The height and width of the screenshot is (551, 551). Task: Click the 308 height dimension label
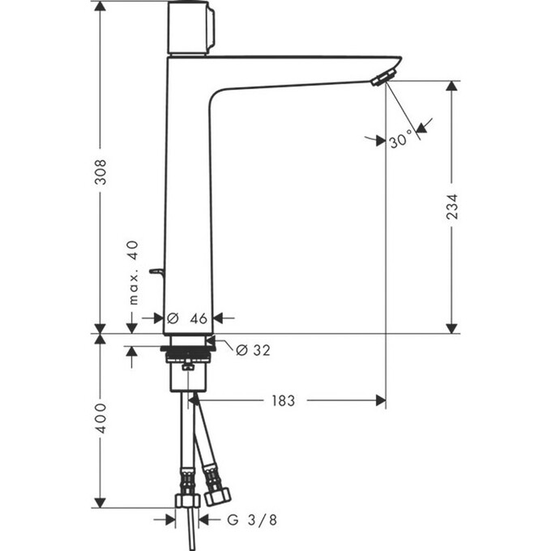click(100, 171)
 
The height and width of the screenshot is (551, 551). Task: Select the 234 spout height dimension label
click(451, 211)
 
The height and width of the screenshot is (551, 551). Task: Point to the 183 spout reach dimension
click(283, 400)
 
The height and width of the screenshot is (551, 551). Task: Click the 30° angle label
click(401, 141)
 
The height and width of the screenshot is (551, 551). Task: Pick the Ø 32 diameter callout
click(252, 350)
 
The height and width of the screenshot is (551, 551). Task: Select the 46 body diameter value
click(199, 318)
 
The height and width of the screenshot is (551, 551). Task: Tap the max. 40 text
click(134, 272)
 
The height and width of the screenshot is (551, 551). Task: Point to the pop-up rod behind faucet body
click(156, 275)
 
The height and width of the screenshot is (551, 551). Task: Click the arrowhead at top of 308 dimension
click(100, 6)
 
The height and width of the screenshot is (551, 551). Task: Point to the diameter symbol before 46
click(172, 318)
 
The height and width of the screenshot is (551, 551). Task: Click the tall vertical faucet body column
click(188, 194)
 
